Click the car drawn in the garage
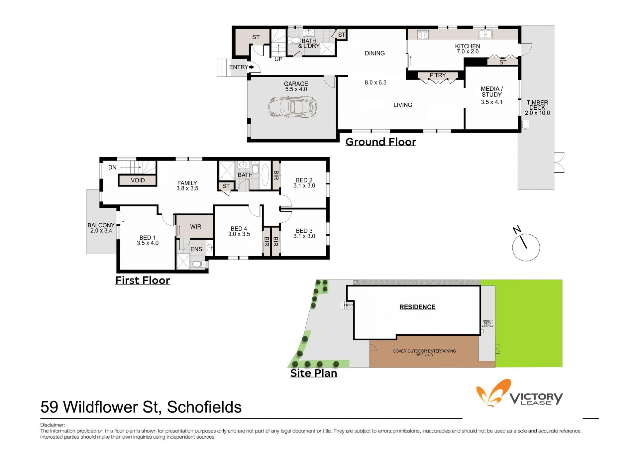(292, 107)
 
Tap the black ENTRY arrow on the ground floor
(252, 67)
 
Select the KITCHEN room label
(468, 46)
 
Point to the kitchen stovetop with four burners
(423, 35)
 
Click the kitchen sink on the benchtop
(485, 34)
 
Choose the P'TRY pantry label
(438, 75)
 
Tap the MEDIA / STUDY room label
(492, 92)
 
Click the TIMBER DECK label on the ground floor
(537, 105)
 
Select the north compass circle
(526, 247)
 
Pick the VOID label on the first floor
(138, 180)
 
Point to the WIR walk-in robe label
(196, 227)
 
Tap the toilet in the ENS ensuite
(199, 264)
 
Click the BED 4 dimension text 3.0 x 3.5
(239, 234)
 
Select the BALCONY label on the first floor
(101, 225)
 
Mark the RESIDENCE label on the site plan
(417, 307)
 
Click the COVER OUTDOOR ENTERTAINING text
(424, 351)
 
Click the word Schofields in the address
(204, 407)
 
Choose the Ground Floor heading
(380, 142)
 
